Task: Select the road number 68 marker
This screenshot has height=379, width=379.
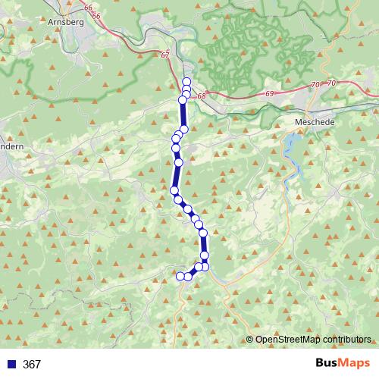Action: (x=201, y=97)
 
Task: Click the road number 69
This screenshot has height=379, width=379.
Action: (x=269, y=93)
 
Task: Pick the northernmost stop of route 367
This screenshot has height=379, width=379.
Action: (x=186, y=81)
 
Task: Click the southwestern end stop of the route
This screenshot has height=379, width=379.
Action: (x=181, y=276)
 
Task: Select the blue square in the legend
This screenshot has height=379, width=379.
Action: (x=11, y=364)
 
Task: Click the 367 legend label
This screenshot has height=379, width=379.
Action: (x=32, y=364)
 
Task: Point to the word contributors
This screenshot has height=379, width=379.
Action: (x=348, y=340)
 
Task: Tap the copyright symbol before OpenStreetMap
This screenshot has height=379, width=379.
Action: (x=250, y=340)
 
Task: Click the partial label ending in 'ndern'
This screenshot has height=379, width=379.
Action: (x=11, y=146)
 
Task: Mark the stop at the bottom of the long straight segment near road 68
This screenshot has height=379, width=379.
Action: (x=183, y=130)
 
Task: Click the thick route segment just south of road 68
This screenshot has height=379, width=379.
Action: (x=183, y=114)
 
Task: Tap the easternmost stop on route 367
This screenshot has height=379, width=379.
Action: (x=205, y=266)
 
